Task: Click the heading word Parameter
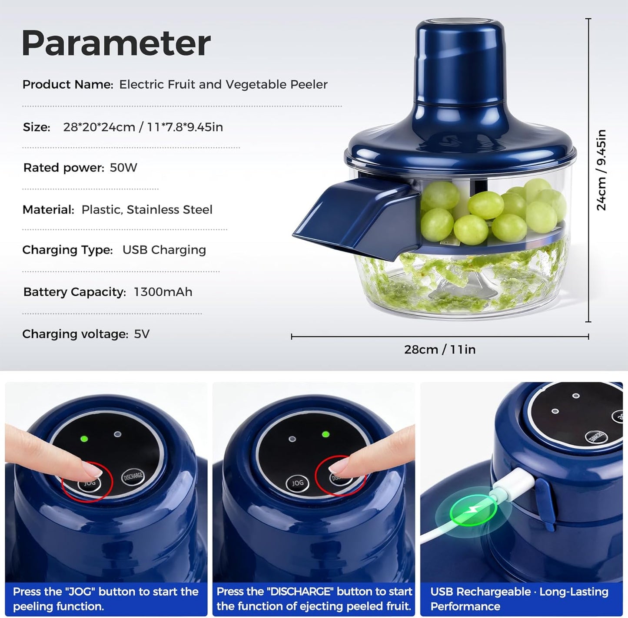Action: coord(116,43)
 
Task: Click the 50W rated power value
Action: coord(123,168)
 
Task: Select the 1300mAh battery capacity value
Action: coord(163,292)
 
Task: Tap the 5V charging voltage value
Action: coord(142,334)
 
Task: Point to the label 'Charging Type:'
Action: coord(67,250)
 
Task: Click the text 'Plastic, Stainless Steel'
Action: coord(147,210)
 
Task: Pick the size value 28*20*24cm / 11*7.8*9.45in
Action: coord(143,127)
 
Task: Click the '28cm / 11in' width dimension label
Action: coord(440,350)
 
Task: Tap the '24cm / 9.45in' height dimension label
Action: coord(601,170)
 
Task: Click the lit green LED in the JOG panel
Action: coord(84,439)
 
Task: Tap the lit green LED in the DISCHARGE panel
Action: coord(325,434)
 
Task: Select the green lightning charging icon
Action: coord(472,513)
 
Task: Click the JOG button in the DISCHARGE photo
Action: coord(297,483)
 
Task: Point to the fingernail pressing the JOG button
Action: coord(93,469)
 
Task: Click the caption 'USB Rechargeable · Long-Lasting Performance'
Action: coord(519,599)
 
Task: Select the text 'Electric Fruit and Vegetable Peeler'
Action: coord(223,85)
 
